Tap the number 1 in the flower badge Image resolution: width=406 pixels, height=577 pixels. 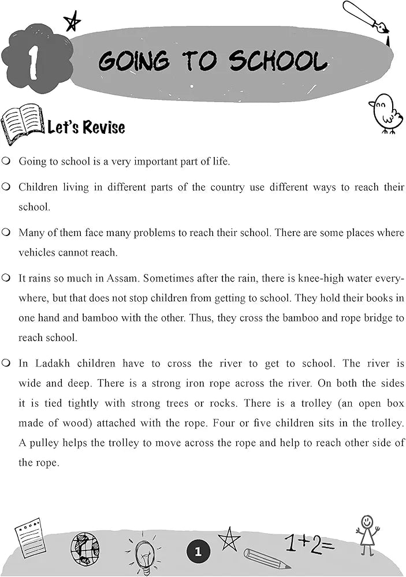[x=34, y=62]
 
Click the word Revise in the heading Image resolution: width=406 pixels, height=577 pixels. [x=103, y=126]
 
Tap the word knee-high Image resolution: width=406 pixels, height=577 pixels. [x=339, y=278]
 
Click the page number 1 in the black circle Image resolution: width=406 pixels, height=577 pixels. [x=198, y=552]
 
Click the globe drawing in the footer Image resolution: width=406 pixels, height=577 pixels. [x=85, y=549]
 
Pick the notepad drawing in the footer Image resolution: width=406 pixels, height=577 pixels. [x=29, y=537]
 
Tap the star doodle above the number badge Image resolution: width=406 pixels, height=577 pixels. [x=73, y=23]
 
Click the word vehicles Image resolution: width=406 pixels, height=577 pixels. [x=38, y=253]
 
